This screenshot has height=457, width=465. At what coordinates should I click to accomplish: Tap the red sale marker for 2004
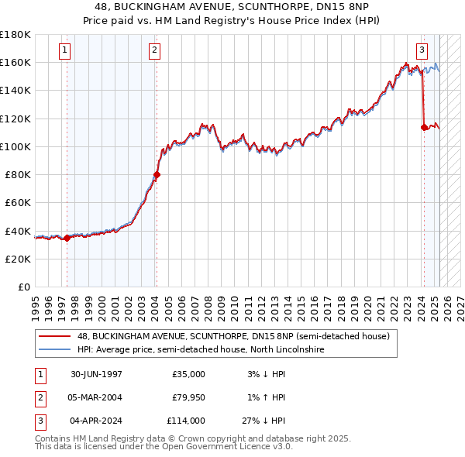(157, 175)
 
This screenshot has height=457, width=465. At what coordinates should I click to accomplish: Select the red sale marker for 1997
(67, 238)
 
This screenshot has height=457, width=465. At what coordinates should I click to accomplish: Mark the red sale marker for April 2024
(424, 127)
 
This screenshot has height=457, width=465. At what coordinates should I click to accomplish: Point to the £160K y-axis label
(15, 62)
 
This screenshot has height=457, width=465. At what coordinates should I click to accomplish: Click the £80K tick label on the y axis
(18, 174)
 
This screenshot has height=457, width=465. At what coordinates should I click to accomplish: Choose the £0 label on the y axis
(23, 287)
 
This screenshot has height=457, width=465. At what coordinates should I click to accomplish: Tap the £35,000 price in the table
(188, 374)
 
